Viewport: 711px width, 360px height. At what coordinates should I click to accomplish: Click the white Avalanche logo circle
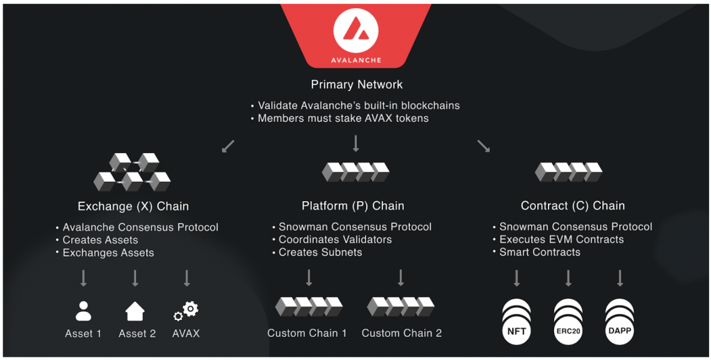(x=356, y=31)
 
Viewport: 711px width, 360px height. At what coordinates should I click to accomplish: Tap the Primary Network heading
(x=357, y=84)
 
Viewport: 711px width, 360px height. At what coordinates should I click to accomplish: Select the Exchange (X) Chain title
(x=133, y=206)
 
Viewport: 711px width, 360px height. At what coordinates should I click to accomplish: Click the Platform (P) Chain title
(x=353, y=206)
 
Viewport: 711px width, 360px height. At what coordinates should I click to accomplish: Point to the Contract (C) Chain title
(x=573, y=206)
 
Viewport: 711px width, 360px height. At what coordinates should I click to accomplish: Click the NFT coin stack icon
(x=517, y=322)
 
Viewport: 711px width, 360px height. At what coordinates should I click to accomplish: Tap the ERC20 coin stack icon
(x=568, y=322)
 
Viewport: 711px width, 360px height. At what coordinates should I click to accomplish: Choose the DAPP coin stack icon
(x=619, y=322)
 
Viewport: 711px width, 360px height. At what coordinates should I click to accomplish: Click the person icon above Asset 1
(x=84, y=311)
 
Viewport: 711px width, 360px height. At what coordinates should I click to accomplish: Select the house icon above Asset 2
(x=135, y=311)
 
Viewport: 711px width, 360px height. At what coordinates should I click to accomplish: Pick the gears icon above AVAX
(x=186, y=311)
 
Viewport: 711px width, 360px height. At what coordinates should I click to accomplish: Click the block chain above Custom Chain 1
(x=309, y=306)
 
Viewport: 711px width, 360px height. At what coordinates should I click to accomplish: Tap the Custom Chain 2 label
(x=402, y=333)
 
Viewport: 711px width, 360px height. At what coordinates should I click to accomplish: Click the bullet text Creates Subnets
(x=320, y=252)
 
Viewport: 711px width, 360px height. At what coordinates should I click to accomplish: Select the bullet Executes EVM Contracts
(x=561, y=239)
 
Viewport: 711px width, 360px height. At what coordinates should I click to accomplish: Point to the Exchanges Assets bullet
(x=108, y=253)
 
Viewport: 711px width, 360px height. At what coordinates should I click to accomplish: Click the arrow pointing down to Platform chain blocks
(x=356, y=143)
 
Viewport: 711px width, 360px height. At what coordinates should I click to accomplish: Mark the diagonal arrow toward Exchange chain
(x=228, y=146)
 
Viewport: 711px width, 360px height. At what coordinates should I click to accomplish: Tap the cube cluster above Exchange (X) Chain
(x=132, y=172)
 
